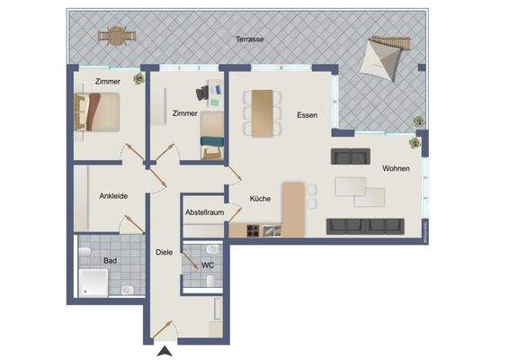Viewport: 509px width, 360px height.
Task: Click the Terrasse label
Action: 248,40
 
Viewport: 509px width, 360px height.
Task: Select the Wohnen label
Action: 396,168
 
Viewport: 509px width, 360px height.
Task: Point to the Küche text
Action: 261,198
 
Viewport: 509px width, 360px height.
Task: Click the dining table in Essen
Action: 261,113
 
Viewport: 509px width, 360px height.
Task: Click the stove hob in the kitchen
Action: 248,231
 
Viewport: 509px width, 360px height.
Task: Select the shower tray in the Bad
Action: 94,283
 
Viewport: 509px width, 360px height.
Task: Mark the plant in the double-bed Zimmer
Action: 138,79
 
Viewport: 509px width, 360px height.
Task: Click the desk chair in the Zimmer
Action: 203,93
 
